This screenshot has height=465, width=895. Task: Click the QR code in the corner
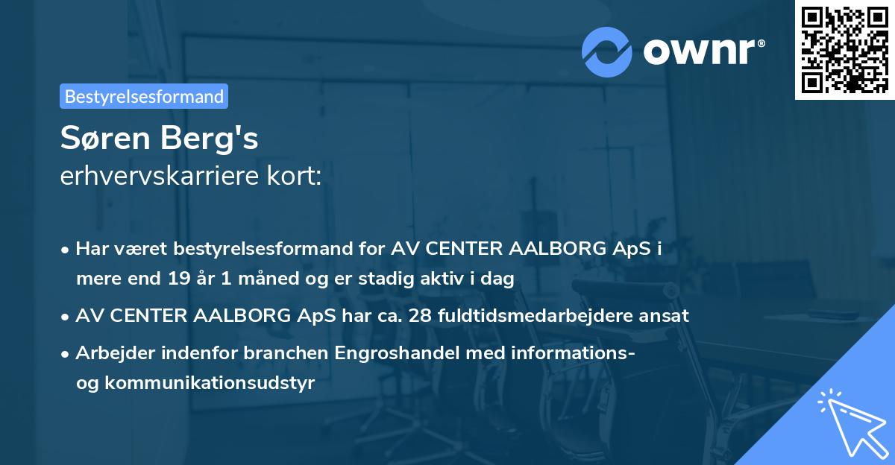point(845,50)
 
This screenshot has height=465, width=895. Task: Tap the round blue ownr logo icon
point(607,51)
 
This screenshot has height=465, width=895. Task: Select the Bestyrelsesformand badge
point(144,96)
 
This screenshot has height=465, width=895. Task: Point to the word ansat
point(667,315)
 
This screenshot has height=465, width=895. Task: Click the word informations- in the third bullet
point(568,352)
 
